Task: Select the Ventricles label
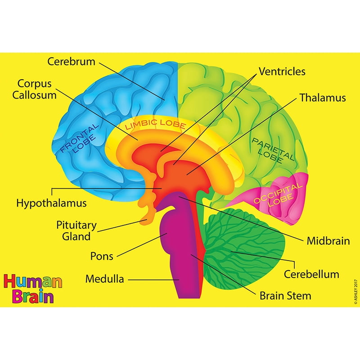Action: tap(282, 72)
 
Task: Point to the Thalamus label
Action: tap(323, 98)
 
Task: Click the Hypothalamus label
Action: tap(51, 203)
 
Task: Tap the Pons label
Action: tap(102, 256)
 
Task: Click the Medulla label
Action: tap(104, 279)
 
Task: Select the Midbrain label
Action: tap(328, 241)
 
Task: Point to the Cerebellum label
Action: tap(311, 274)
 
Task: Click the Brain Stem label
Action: tap(285, 296)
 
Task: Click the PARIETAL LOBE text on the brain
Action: tap(272, 150)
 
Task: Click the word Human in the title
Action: tap(33, 282)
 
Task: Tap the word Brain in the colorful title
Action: tap(32, 297)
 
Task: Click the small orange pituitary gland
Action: tap(145, 219)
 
